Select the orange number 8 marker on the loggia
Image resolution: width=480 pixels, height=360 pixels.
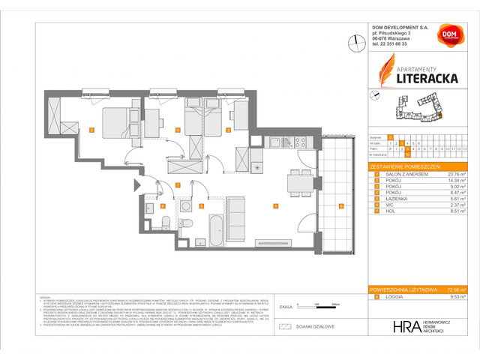click(340, 206)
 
